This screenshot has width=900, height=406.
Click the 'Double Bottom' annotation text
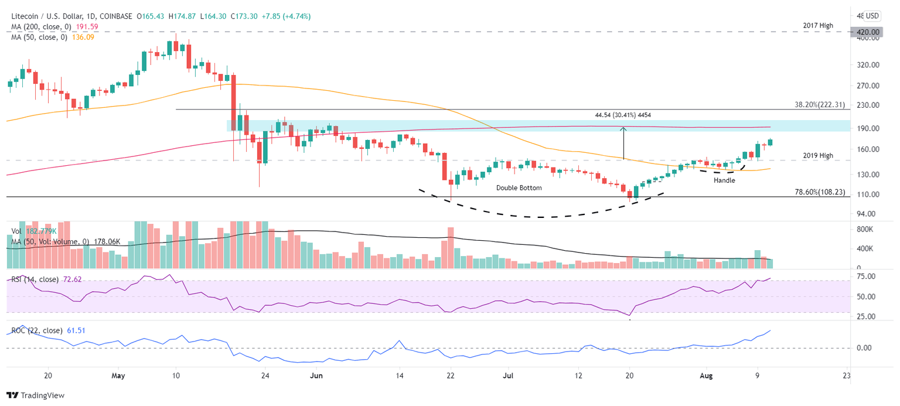pos(519,188)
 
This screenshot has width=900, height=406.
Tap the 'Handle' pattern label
pos(724,181)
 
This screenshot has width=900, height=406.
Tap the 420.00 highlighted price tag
pos(865,32)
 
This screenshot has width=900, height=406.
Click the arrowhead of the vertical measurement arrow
pos(623,129)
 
